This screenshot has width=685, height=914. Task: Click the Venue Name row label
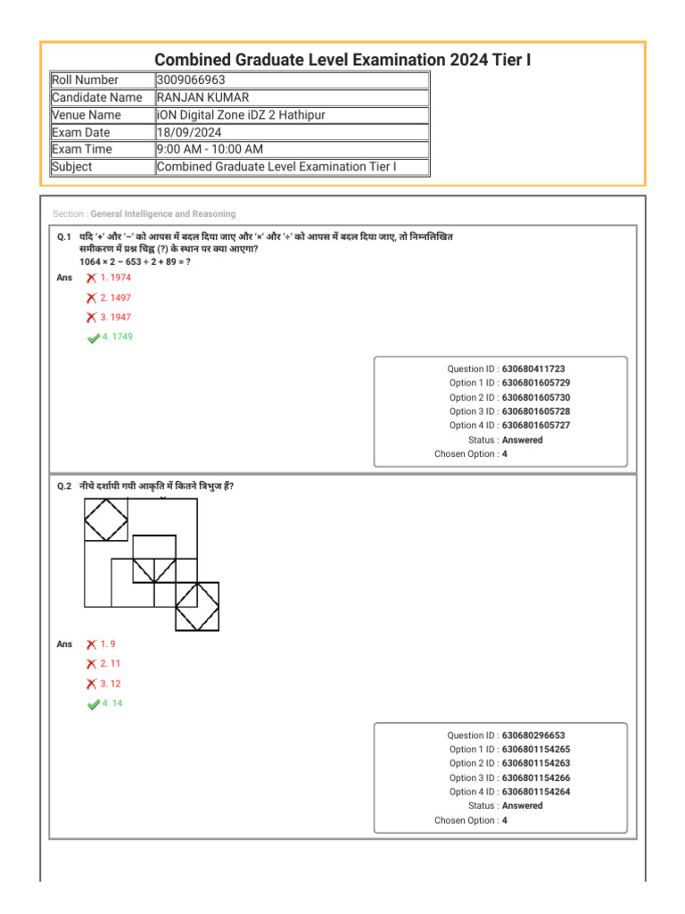87,115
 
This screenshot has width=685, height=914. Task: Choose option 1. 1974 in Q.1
115,278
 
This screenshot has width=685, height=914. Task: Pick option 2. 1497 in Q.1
115,297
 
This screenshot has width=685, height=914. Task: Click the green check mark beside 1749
93,337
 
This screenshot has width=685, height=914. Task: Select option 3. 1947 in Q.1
115,317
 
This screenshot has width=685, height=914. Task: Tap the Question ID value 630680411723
533,369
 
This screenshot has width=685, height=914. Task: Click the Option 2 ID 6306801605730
536,397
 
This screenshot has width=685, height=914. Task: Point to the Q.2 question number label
63,486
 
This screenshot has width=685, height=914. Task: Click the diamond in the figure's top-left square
106,519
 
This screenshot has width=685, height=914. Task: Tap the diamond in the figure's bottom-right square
197,607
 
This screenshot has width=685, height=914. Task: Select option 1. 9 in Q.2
108,644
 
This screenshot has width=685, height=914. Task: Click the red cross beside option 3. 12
92,684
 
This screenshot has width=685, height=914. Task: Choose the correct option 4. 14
111,703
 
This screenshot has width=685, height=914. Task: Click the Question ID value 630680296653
533,735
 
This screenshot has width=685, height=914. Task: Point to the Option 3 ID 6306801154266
536,777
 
